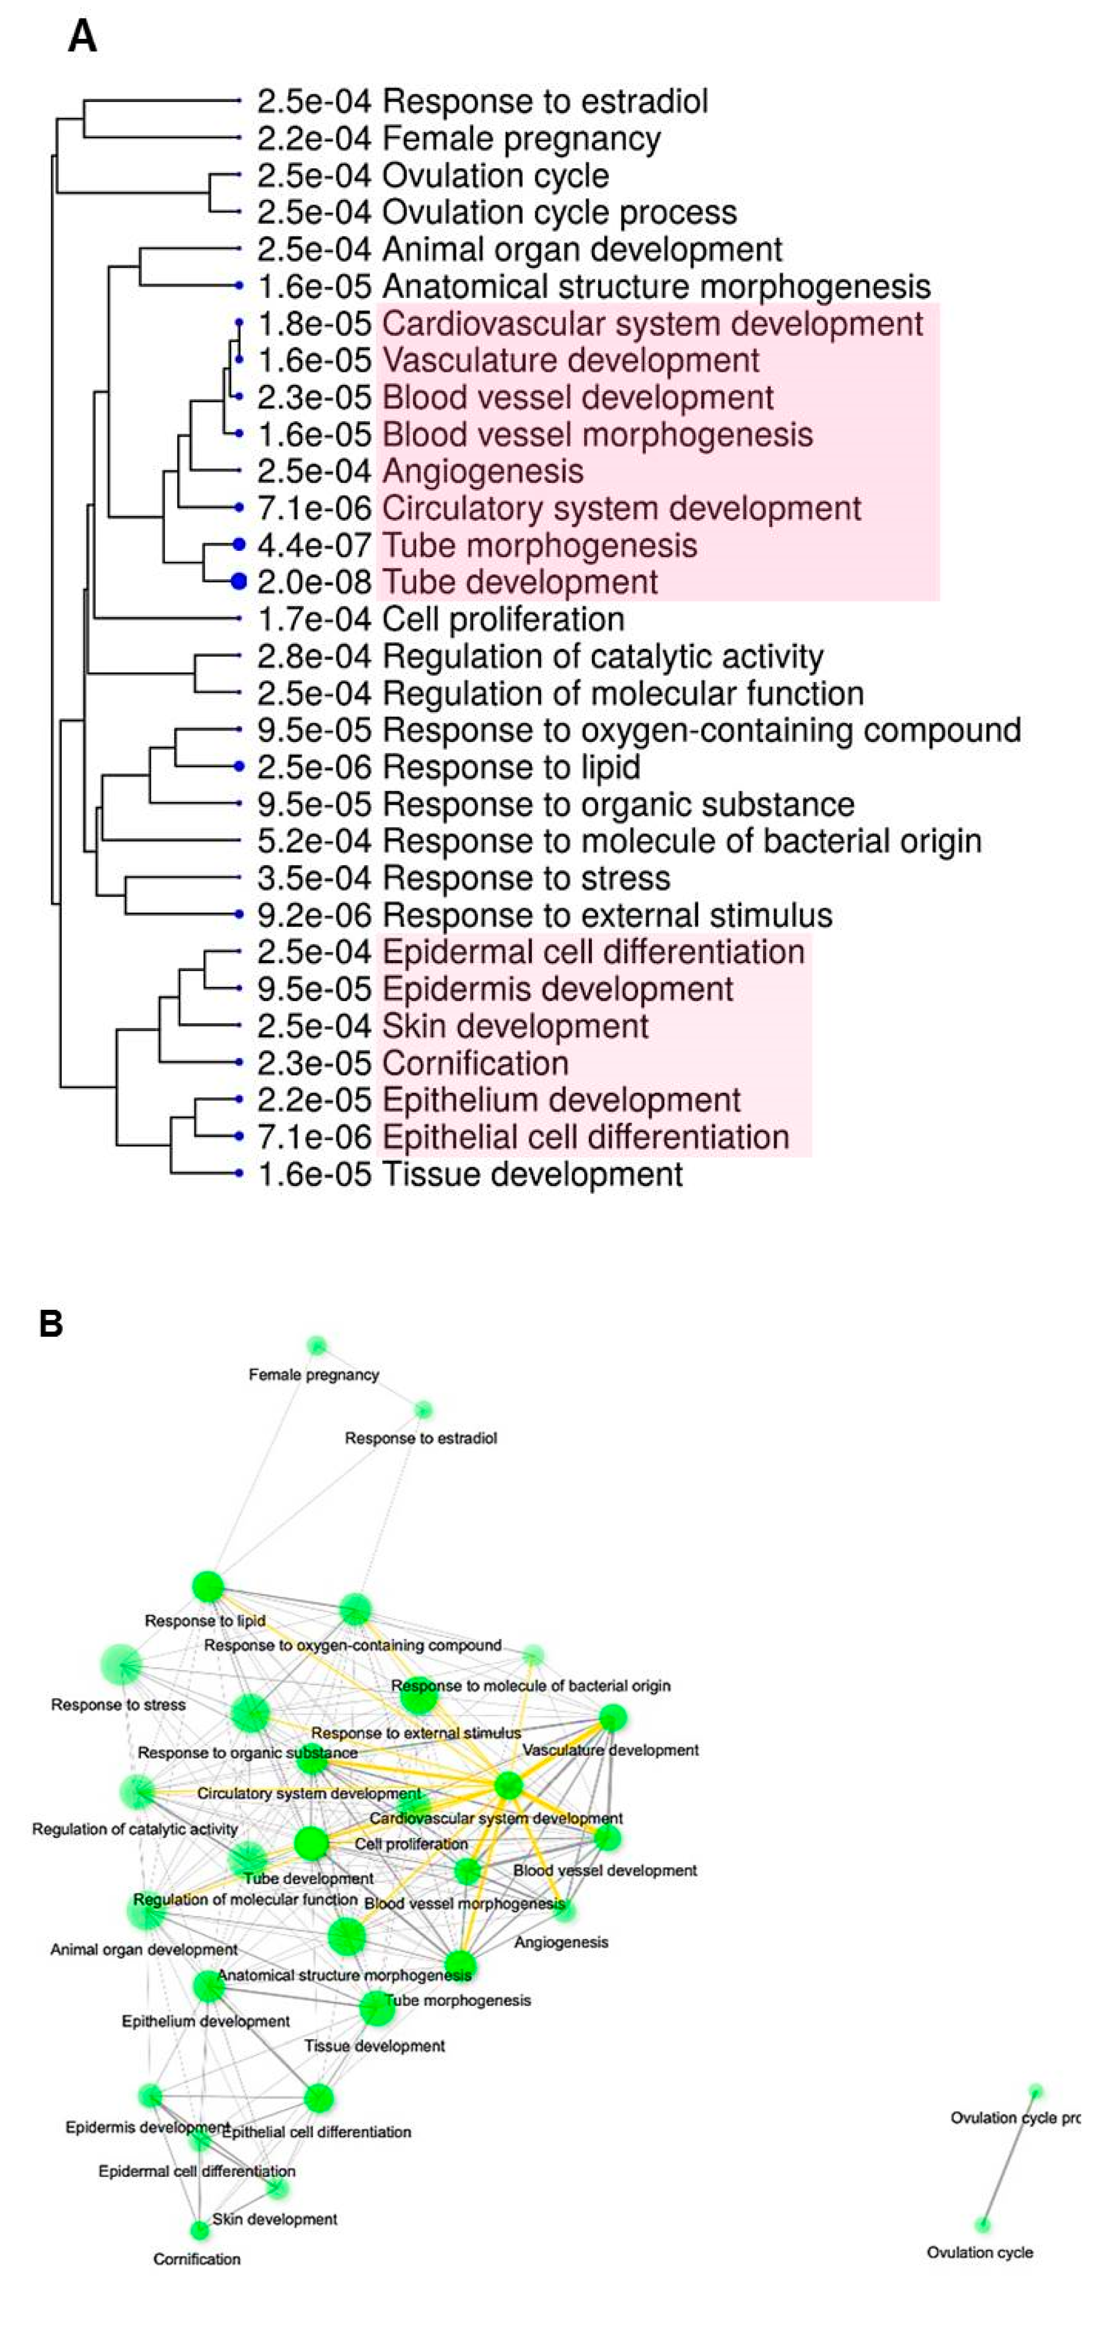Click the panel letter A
point(82,38)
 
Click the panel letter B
point(51,1324)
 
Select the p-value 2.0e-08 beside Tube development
point(314,582)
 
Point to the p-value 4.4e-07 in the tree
point(314,545)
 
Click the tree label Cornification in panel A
point(475,1063)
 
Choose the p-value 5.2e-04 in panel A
point(314,841)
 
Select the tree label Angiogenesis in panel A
point(483,471)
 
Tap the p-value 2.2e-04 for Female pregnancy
point(314,138)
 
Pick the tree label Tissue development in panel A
point(532,1175)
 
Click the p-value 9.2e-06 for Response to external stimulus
point(314,915)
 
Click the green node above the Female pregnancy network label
point(316,1346)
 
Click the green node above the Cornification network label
point(200,2231)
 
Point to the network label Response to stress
point(118,1704)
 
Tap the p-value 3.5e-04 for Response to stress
point(314,878)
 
